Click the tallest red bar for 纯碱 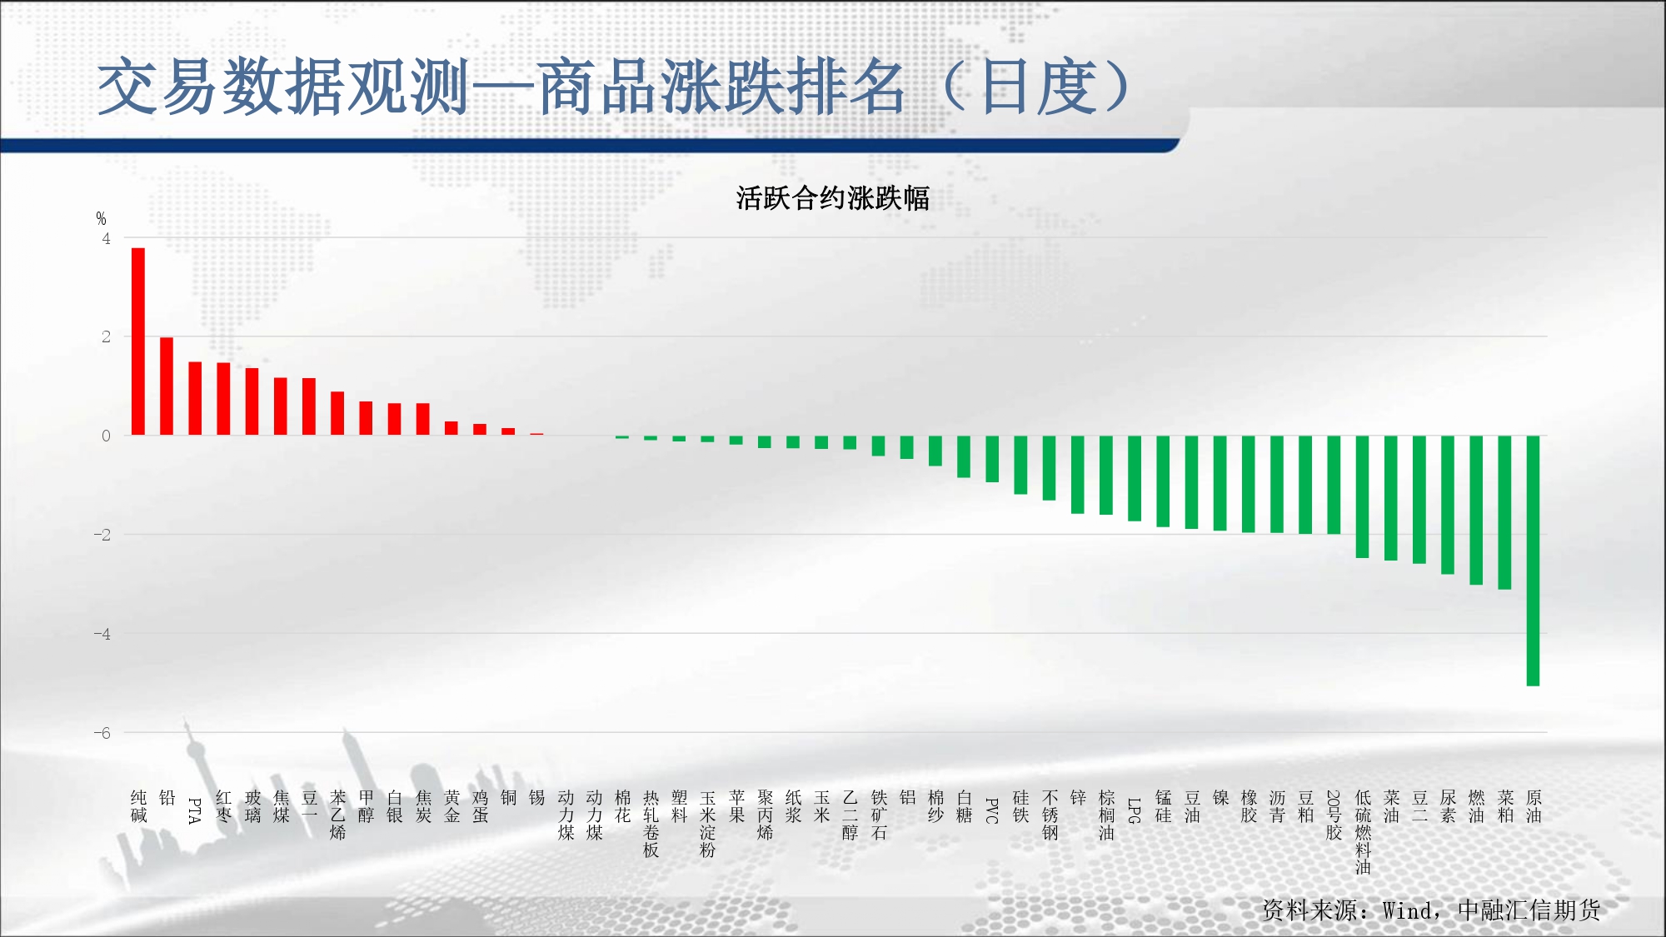pos(138,341)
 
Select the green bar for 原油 pos(1533,561)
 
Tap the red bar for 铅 pos(167,386)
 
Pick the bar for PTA pos(195,398)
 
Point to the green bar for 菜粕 pos(1504,512)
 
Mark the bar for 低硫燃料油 pos(1362,496)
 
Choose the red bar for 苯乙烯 pos(337,413)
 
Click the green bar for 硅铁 pos(1020,465)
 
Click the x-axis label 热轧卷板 pos(651,824)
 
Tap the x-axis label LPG pos(1134,810)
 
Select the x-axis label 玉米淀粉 pos(708,824)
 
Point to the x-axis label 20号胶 pos(1334,815)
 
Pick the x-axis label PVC pos(992,810)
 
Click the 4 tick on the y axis pos(106,238)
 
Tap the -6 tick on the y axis pos(102,733)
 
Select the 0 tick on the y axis pos(106,436)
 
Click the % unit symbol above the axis pos(101,218)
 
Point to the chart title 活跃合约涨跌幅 pos(832,198)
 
